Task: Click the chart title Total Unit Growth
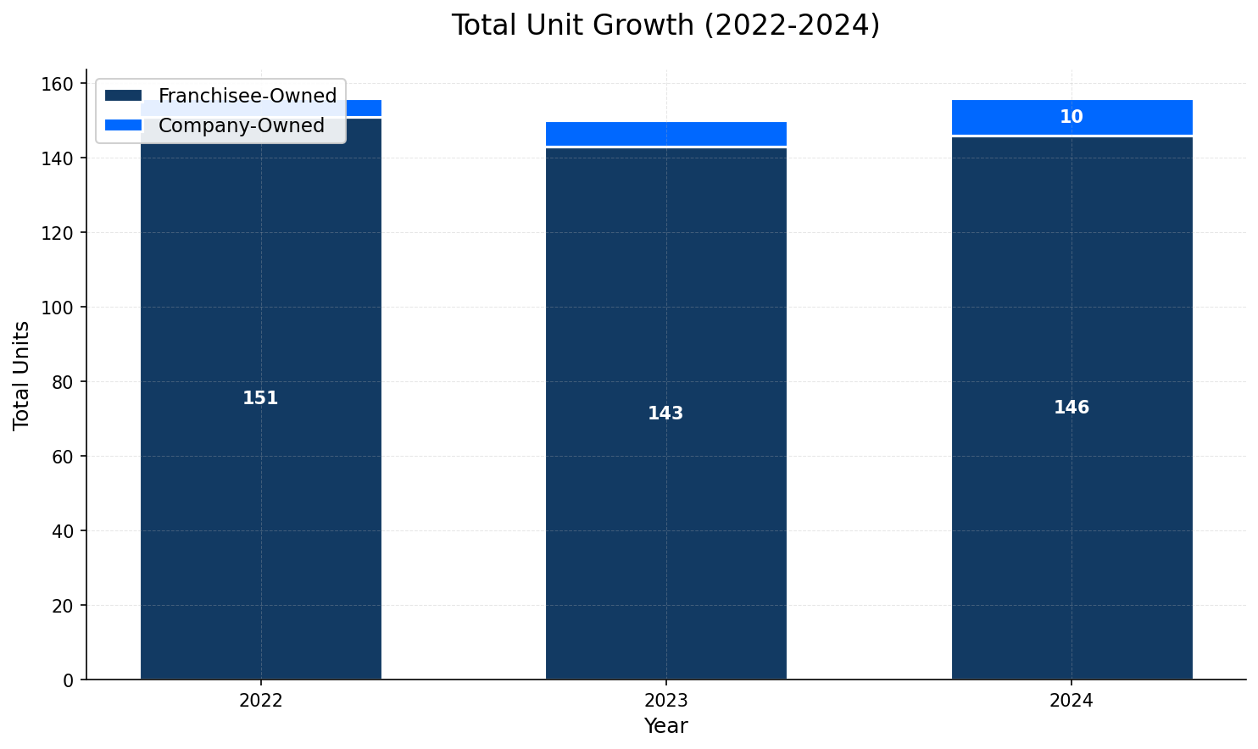[x=665, y=25]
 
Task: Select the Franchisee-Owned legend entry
[x=248, y=96]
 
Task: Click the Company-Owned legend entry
[x=242, y=125]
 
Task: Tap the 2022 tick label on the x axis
[x=260, y=702]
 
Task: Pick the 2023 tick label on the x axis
[x=665, y=702]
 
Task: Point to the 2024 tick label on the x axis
[x=1072, y=702]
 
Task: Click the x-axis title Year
[x=665, y=726]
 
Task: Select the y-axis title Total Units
[x=22, y=375]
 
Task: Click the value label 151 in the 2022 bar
[x=260, y=398]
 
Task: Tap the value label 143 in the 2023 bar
[x=665, y=413]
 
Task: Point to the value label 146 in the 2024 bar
[x=1072, y=408]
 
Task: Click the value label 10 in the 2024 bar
[x=1072, y=117]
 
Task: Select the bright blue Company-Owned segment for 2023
[x=665, y=134]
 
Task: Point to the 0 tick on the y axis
[x=69, y=680]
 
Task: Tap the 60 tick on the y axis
[x=64, y=457]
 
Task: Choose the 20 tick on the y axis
[x=64, y=606]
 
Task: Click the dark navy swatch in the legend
[x=123, y=96]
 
